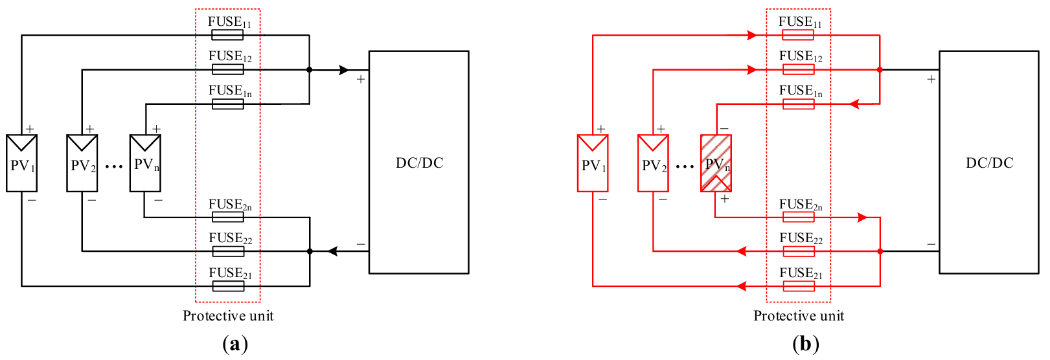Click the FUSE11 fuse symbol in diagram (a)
click(x=227, y=35)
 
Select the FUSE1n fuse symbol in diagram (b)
click(x=798, y=104)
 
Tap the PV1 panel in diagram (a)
click(x=21, y=163)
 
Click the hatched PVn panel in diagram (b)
click(x=716, y=163)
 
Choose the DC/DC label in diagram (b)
click(x=989, y=163)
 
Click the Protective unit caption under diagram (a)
click(x=228, y=316)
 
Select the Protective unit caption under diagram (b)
click(x=799, y=316)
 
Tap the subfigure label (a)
click(x=234, y=344)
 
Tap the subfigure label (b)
click(x=805, y=344)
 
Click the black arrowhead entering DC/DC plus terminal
click(x=344, y=70)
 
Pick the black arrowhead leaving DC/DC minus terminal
click(x=333, y=251)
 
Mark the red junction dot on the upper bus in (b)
click(x=880, y=70)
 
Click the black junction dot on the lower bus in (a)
click(x=310, y=251)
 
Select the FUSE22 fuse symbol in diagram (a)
click(x=228, y=251)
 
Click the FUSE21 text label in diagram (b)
click(x=801, y=273)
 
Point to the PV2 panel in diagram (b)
click(x=653, y=163)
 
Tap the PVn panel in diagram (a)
click(x=145, y=163)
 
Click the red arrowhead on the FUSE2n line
click(x=862, y=218)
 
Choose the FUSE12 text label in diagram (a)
click(x=230, y=56)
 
